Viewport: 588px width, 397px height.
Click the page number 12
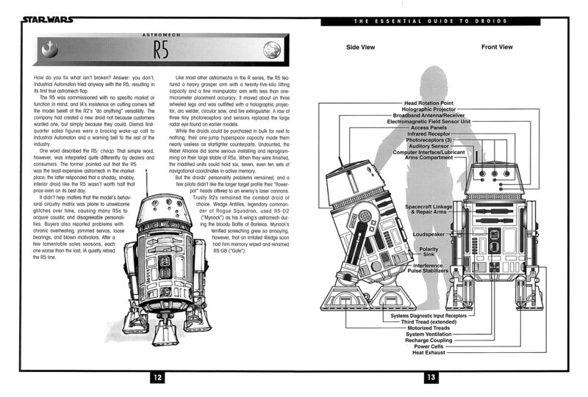158,377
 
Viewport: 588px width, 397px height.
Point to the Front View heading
497,47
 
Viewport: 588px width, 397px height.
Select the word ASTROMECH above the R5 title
160,34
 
